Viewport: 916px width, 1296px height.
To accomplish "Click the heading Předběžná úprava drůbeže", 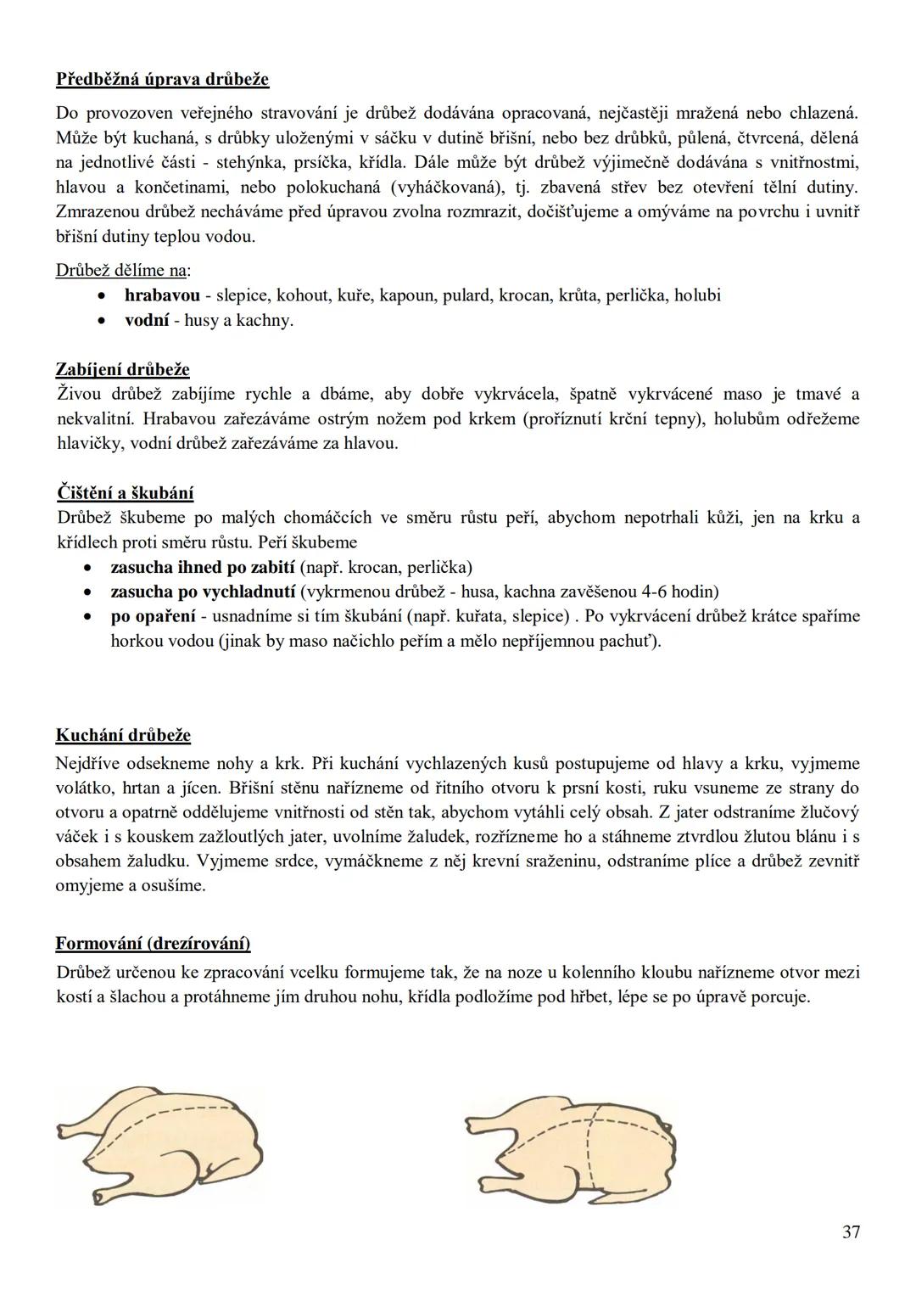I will tap(162, 80).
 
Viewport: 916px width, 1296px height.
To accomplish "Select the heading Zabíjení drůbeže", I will tap(122, 369).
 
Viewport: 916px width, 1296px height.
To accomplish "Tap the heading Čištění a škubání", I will tap(125, 493).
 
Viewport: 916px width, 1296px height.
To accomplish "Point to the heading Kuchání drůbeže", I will tap(123, 735).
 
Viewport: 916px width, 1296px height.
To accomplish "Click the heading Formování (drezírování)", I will tap(153, 944).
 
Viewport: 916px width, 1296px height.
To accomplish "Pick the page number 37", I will tap(852, 1231).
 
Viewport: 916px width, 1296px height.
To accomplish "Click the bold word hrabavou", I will tap(162, 295).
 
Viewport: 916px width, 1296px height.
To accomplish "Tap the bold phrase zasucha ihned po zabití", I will tap(203, 567).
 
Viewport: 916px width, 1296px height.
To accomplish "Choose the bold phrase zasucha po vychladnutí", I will tap(203, 592).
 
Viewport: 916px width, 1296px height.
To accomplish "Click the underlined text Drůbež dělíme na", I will tap(121, 271).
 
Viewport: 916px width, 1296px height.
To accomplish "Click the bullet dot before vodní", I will tap(102, 321).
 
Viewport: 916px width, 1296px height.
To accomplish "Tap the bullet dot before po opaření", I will tap(88, 617).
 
